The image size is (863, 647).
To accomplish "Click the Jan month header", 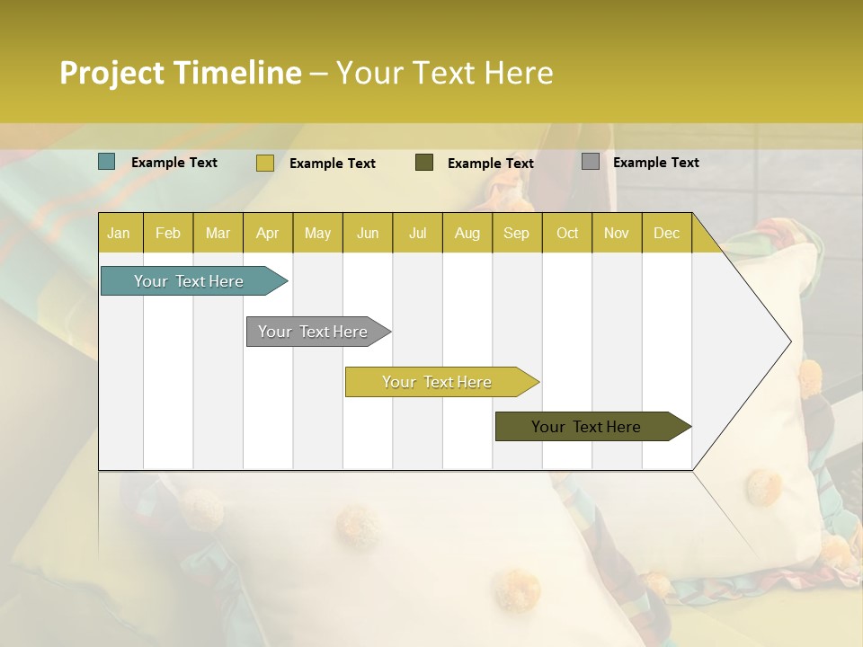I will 119,234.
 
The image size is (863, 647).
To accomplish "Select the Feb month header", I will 168,234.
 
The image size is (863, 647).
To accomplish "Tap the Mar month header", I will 218,234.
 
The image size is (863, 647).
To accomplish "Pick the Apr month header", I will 268,234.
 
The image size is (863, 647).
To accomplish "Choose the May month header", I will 317,234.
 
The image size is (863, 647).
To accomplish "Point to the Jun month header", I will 368,234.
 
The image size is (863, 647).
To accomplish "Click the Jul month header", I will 417,234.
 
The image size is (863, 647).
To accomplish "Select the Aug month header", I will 467,234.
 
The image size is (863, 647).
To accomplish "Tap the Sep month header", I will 517,234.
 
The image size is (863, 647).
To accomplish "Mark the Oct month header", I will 567,234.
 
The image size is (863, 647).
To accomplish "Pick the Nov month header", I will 617,234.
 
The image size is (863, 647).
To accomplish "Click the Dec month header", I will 667,234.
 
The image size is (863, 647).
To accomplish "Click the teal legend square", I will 107,162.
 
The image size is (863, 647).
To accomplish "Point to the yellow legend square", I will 265,163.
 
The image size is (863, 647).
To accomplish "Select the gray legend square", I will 591,162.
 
